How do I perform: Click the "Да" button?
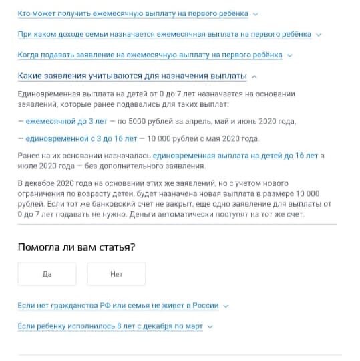pos(47,274)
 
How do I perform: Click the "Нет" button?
pos(116,274)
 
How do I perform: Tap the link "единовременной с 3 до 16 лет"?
pos(81,138)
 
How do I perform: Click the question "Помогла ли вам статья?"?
pos(77,247)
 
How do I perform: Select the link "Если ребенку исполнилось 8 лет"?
pos(110,326)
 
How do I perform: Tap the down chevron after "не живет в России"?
pos(226,306)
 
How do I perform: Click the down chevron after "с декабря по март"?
pos(210,326)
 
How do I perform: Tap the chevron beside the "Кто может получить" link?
pos(256,14)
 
